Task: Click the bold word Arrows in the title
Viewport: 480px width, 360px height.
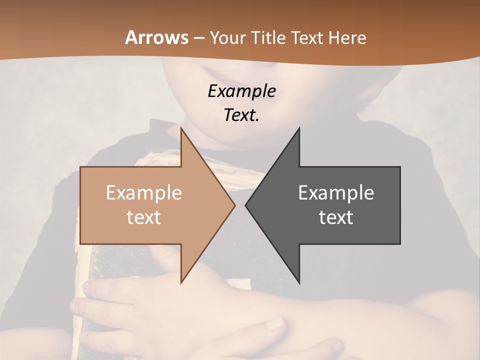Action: pyautogui.click(x=156, y=37)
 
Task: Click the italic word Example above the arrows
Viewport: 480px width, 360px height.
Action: pyautogui.click(x=241, y=91)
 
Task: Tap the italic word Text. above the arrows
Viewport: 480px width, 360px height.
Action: pyautogui.click(x=241, y=115)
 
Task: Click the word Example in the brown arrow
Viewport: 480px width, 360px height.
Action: pyautogui.click(x=143, y=192)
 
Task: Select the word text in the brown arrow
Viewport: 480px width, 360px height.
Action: pyautogui.click(x=143, y=217)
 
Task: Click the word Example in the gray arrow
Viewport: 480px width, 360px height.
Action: pyautogui.click(x=336, y=192)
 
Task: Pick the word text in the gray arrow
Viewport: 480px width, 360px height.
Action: pyautogui.click(x=336, y=217)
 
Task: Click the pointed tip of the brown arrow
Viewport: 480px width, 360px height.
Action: pyautogui.click(x=235, y=205)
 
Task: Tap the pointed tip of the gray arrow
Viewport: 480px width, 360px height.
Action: pyautogui.click(x=245, y=205)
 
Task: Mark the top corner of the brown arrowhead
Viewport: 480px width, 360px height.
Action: pyautogui.click(x=181, y=128)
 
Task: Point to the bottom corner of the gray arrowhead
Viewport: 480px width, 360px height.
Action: pyautogui.click(x=299, y=283)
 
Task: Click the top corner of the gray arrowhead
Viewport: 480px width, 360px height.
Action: pyautogui.click(x=299, y=128)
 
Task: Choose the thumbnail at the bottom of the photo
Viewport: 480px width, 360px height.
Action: pyautogui.click(x=274, y=325)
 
